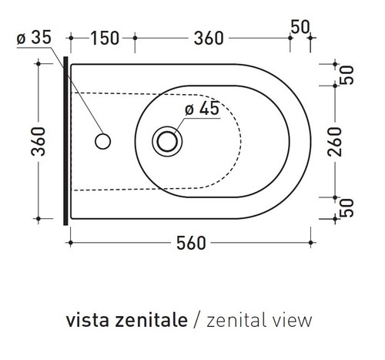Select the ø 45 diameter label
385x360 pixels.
[202, 109]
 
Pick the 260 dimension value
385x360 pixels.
[346, 140]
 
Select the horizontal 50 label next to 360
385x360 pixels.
[300, 28]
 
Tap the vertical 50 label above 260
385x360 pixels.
[346, 74]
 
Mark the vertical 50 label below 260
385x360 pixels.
[346, 207]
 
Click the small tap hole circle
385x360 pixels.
[102, 140]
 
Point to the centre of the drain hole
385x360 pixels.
[166, 140]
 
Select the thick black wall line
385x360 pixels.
[65, 140]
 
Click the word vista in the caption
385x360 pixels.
[86, 318]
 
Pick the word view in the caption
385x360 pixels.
[294, 318]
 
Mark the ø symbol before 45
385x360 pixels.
[189, 109]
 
